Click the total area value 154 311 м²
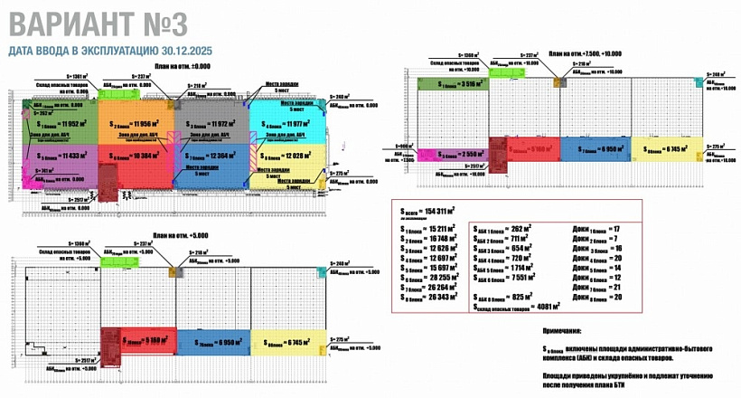[x=435, y=210]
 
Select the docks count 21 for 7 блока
[x=618, y=287]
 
